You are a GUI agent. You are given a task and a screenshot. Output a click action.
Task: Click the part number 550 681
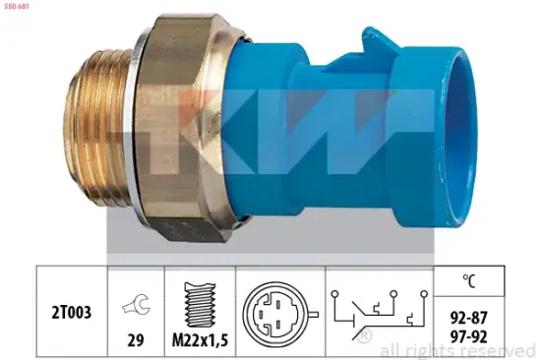click(21, 7)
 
